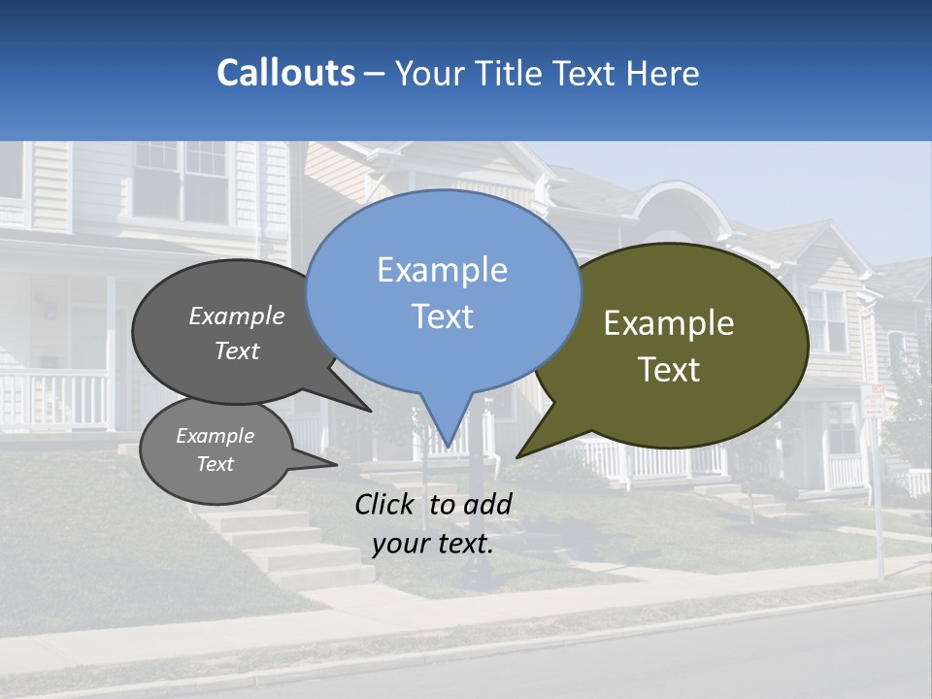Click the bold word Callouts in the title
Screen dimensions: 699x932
(285, 73)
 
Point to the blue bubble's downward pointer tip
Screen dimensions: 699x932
(448, 448)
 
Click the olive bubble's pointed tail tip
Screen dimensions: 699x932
(518, 455)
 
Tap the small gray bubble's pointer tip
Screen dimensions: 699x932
(336, 464)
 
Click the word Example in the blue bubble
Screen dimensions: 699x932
(443, 269)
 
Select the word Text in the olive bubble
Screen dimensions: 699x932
(669, 369)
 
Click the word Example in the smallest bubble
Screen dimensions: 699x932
(215, 436)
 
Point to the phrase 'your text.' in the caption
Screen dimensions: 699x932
(433, 544)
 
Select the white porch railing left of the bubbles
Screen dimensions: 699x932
(53, 398)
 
